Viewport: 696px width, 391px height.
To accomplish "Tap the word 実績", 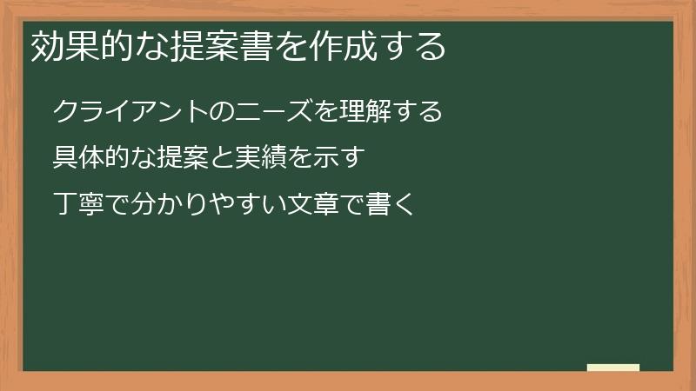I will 260,159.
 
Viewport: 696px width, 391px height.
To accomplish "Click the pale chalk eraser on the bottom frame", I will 613,368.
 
